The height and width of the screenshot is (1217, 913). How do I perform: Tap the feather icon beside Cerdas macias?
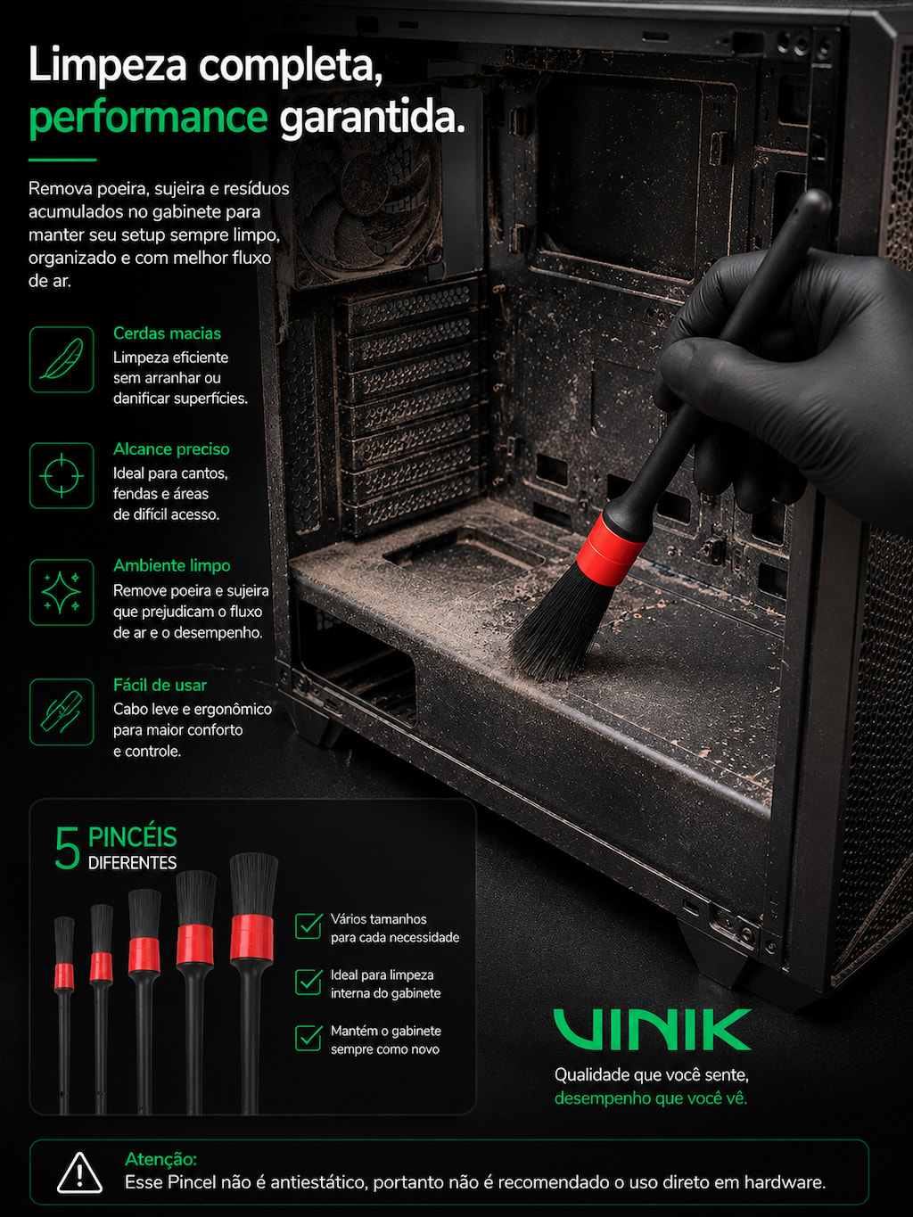point(62,359)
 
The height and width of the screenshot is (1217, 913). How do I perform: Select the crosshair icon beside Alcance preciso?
point(62,476)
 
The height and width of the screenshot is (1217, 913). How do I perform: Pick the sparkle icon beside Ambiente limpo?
point(62,592)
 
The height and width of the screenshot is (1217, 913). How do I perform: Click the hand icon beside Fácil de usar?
point(62,711)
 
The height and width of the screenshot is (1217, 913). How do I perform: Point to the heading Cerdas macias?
point(167,333)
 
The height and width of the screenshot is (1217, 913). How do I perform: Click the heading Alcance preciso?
point(171,449)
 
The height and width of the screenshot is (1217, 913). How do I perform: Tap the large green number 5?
point(67,848)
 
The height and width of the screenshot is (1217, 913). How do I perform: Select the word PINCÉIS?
point(133,837)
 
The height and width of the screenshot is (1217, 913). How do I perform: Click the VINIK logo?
point(653,1030)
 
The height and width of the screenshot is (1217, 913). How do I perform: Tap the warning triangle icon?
point(80,1172)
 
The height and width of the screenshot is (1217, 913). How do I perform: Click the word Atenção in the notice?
point(160,1159)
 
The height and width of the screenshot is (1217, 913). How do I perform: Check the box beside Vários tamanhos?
point(308,926)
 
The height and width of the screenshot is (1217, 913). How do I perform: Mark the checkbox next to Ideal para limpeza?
point(308,982)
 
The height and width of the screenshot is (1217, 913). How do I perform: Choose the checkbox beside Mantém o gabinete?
point(308,1038)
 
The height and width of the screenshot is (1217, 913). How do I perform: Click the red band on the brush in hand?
point(611,549)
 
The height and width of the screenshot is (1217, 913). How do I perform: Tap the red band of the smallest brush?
point(64,977)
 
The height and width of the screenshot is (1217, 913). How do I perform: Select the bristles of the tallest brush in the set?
point(254,884)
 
